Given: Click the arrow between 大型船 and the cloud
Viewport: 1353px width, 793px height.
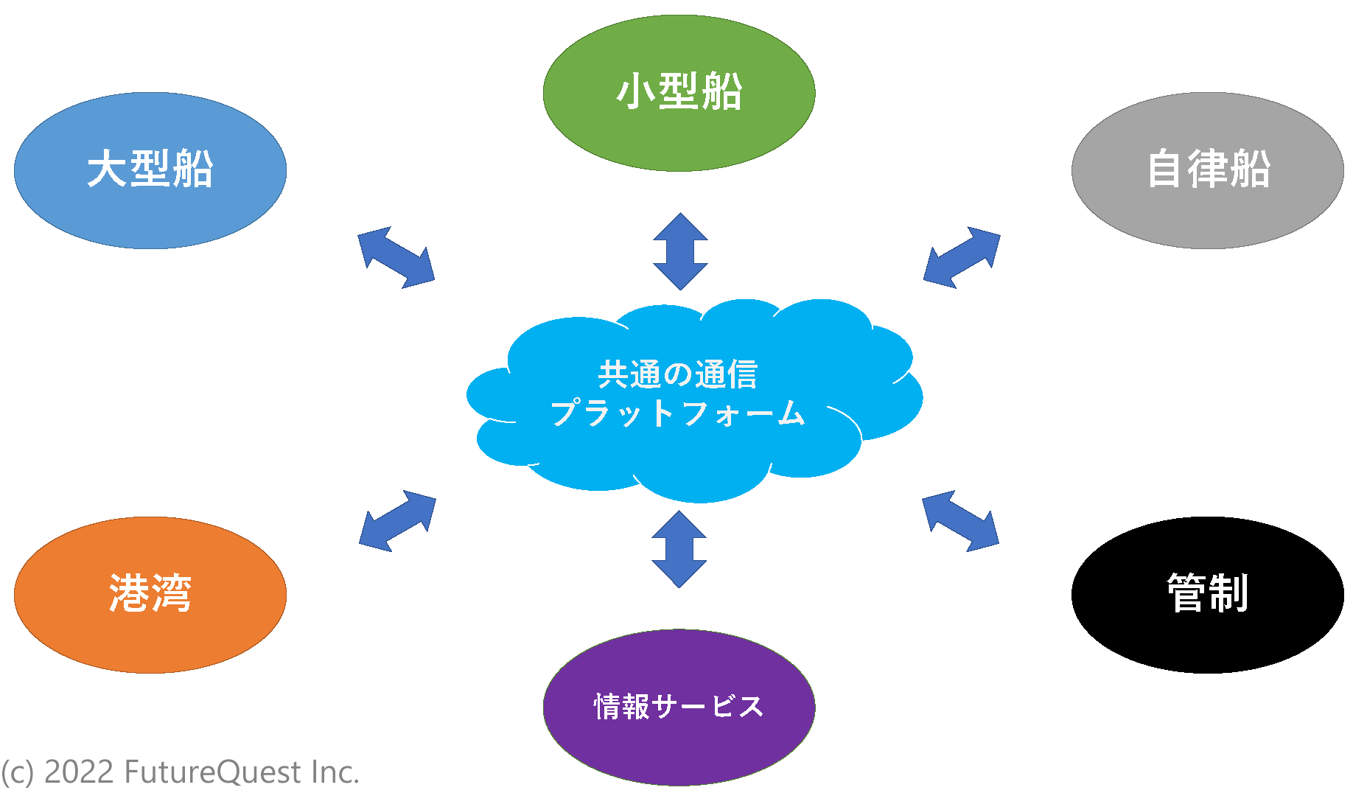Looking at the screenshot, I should coord(396,257).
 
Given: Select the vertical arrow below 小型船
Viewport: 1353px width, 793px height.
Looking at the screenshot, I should coord(680,251).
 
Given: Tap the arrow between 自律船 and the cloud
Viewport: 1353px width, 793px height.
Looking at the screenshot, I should coord(962,257).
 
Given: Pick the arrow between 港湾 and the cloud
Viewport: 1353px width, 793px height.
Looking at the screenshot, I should coord(397,521).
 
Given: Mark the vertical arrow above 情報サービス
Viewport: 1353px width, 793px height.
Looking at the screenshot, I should coord(679,549).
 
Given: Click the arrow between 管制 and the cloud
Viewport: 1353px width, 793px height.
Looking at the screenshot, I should coord(960,521).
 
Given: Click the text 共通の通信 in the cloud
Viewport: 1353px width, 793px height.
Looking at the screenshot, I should coord(677,374).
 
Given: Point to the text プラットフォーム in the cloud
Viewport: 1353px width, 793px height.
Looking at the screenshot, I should coord(677,413).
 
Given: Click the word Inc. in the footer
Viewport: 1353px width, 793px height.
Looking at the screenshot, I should coord(335,772).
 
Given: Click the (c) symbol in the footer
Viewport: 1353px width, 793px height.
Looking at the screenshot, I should coord(18,772).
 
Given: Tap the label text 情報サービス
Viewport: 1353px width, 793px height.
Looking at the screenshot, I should coord(679,707).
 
